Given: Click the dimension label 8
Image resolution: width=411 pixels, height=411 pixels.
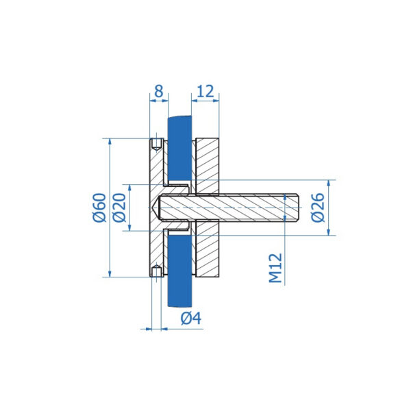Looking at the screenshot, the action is tap(159, 91).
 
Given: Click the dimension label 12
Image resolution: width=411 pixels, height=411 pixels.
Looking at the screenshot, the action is tap(206, 91).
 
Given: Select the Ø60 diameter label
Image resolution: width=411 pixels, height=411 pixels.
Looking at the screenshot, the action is tap(100, 208).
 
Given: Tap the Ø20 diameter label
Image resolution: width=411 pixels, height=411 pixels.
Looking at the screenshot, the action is tap(119, 208).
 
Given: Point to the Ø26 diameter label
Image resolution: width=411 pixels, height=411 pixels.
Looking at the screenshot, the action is tap(318, 208).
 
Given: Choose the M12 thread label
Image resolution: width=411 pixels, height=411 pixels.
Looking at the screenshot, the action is tap(276, 268).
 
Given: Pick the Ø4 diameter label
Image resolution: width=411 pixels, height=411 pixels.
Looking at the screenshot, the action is tap(191, 319).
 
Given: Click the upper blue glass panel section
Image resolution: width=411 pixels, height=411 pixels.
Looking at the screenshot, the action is tap(179, 148).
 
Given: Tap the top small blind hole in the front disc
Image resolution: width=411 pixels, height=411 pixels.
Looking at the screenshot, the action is tap(157, 145).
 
